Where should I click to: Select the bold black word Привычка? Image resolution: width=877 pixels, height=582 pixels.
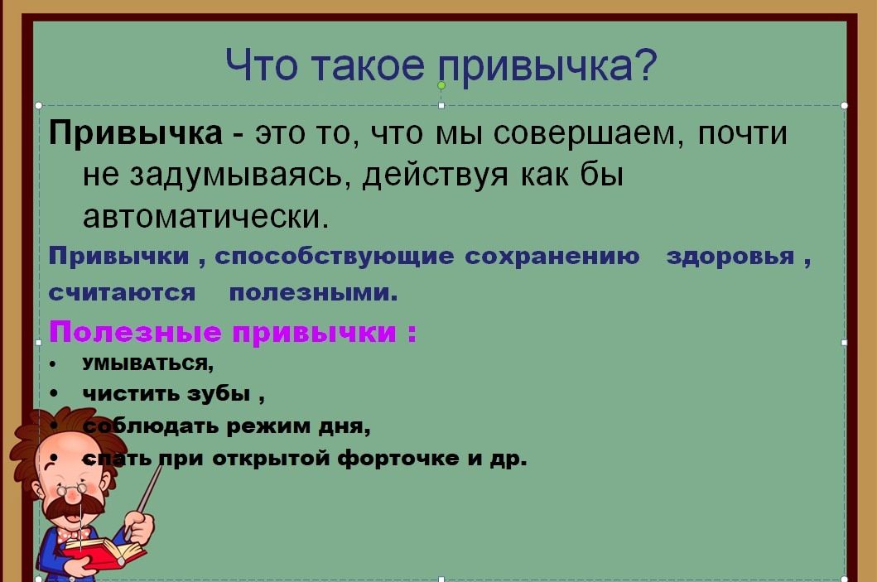coord(136,134)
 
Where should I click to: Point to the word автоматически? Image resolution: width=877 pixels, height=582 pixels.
coord(206,216)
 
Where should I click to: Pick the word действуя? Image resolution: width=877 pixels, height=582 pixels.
coord(436,176)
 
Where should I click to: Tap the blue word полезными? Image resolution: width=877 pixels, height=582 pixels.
coord(313,293)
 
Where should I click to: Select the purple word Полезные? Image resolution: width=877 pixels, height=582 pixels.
coord(135,331)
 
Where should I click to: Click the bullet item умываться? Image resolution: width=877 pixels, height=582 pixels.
coord(148,364)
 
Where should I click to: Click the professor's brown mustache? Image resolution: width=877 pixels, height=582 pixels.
coord(73,508)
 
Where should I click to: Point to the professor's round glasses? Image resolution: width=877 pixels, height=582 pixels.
coord(71,490)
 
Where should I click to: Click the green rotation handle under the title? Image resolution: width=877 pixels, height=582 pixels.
coord(441,85)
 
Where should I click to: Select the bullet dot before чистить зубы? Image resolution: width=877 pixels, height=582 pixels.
coord(53,394)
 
